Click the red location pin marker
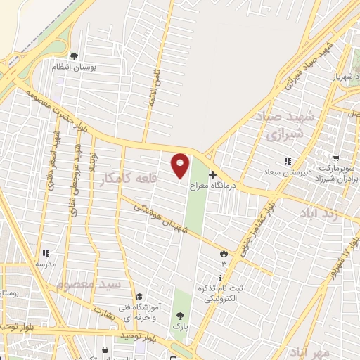(x=181, y=165)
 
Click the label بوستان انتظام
(x=75, y=67)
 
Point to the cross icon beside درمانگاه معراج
(x=213, y=174)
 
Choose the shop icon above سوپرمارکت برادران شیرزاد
(x=337, y=159)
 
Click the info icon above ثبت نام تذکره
(x=220, y=278)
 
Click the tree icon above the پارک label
(x=181, y=316)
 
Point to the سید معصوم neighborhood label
(x=89, y=285)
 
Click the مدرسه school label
(x=46, y=264)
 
